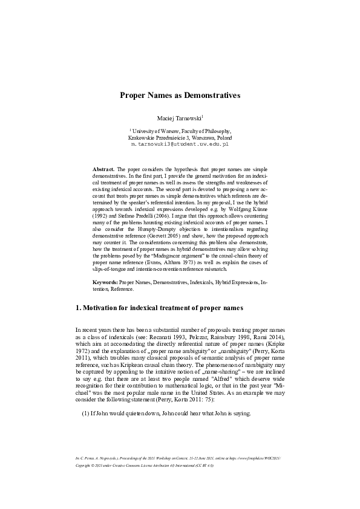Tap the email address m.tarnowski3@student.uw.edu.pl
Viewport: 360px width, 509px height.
click(x=180, y=145)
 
